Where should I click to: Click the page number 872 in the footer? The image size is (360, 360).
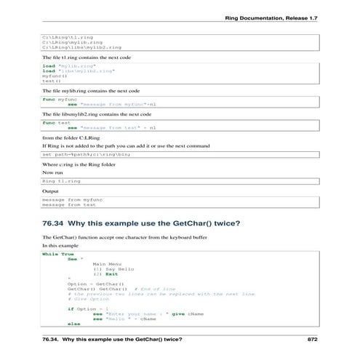click(313, 339)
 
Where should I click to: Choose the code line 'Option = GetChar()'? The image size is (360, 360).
click(95, 283)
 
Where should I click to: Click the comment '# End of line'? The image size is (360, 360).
click(156, 289)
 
